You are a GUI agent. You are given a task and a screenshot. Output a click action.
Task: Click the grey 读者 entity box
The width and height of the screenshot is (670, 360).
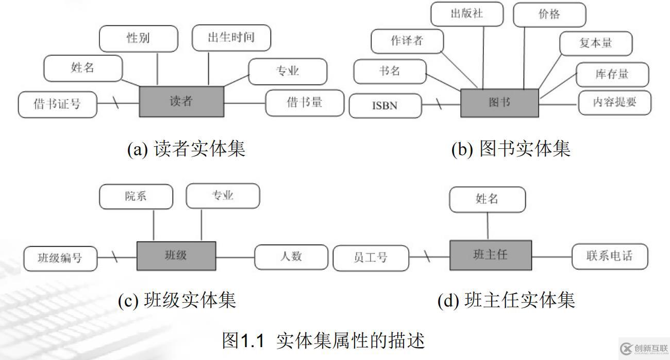(181, 101)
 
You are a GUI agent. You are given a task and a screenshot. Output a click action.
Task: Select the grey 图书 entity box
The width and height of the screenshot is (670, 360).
(499, 102)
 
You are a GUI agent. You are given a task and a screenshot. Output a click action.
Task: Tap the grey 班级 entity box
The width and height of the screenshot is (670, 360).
(176, 255)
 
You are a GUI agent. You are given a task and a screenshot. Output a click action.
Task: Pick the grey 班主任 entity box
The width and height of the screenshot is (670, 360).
(490, 255)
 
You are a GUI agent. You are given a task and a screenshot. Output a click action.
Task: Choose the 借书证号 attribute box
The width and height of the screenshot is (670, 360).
(57, 104)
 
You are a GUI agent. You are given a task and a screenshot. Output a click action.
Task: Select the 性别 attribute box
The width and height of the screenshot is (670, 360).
(138, 39)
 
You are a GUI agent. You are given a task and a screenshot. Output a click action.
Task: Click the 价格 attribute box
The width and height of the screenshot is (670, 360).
(549, 15)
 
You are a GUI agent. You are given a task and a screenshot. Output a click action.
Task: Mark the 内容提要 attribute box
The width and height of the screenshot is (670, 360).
(615, 102)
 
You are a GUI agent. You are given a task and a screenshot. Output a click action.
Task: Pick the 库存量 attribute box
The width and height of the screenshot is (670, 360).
(612, 74)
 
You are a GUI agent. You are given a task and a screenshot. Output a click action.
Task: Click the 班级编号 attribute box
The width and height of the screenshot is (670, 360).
(60, 258)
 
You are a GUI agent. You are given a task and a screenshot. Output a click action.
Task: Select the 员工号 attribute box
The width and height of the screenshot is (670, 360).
(371, 258)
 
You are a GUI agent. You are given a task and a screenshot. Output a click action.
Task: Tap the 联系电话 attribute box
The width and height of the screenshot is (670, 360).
(610, 256)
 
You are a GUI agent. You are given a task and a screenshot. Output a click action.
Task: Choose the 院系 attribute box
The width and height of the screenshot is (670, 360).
(136, 196)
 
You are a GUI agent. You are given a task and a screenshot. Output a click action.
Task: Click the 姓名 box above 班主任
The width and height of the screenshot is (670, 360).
(487, 199)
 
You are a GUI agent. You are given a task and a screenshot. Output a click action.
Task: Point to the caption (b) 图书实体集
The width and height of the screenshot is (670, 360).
(511, 149)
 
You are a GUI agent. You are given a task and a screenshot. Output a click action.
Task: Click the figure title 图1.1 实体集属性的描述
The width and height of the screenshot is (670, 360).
(323, 340)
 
